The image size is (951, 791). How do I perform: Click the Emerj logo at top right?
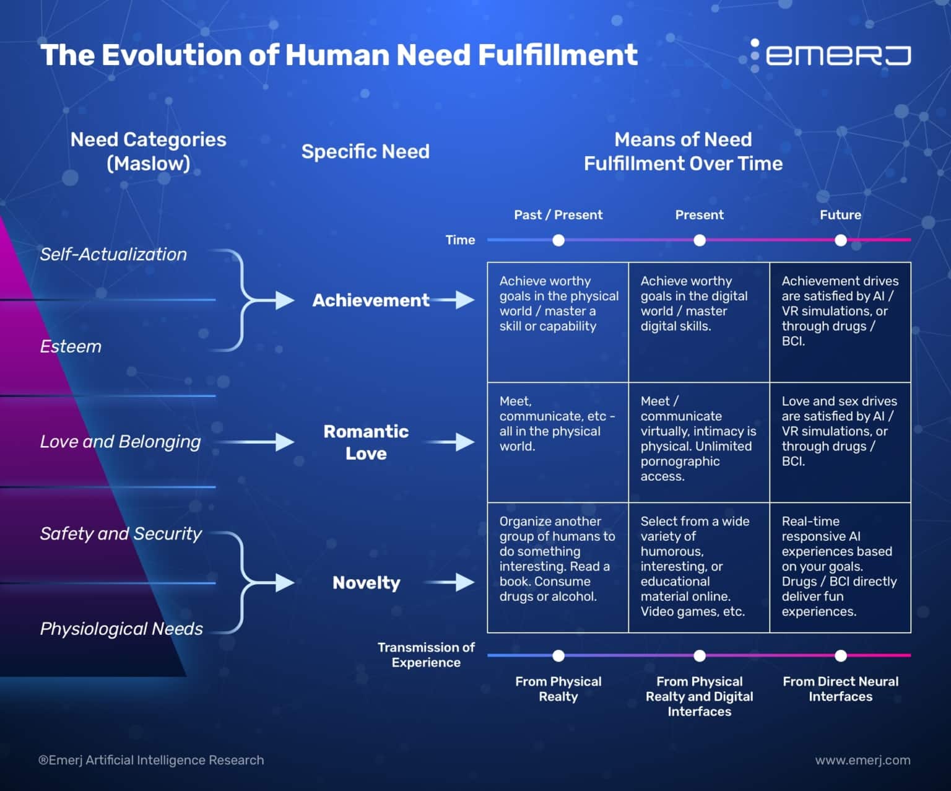point(830,55)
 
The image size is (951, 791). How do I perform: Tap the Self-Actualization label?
point(113,254)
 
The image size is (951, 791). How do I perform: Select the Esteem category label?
point(71,346)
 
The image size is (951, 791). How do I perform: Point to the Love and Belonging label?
point(120,442)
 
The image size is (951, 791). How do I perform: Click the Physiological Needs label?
point(121,629)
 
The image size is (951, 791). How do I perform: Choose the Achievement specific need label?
point(370,300)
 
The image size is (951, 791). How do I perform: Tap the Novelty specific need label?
point(366,583)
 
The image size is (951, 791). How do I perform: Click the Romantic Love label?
point(366,442)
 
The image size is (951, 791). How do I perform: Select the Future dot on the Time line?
point(840,240)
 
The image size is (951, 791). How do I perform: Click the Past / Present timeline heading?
point(558,215)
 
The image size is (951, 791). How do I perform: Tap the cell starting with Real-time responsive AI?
point(839,566)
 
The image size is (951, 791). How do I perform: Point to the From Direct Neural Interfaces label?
point(840,689)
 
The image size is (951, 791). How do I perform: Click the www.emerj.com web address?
point(862,760)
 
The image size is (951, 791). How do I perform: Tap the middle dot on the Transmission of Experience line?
point(700,655)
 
